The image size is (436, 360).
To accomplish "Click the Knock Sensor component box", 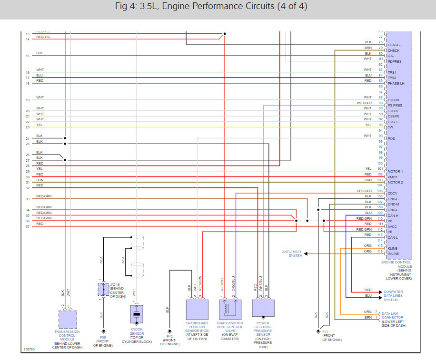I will [137, 314].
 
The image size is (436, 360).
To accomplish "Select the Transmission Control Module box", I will [68, 320].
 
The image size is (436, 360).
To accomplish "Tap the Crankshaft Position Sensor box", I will [197, 309].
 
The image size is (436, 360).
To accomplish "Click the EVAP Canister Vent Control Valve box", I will [230, 309].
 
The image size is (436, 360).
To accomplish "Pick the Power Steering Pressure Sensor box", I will [263, 308].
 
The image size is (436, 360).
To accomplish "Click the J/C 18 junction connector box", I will [103, 289].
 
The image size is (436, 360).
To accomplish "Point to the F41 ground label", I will [326, 331].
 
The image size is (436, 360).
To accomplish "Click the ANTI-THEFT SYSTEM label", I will [292, 253].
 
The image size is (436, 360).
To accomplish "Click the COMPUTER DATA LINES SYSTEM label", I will [393, 295].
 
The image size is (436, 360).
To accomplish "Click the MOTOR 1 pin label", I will [395, 171].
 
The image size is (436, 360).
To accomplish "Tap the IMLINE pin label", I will [393, 253].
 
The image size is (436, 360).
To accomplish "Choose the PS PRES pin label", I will [395, 106].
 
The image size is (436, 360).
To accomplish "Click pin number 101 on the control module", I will [380, 168].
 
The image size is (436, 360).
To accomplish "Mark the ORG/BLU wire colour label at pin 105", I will [364, 191].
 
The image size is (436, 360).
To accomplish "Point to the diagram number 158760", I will [29, 350].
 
